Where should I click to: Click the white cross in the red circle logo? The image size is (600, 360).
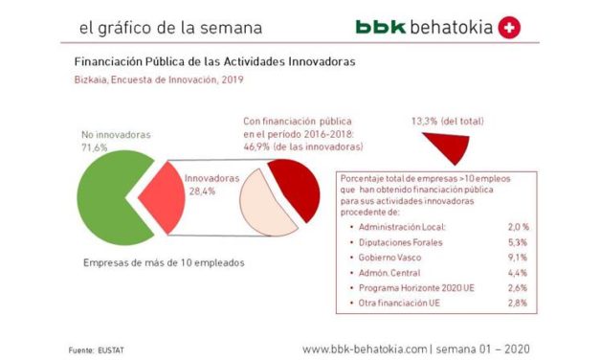pos(509,28)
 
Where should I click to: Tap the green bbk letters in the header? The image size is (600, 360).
pos(379,28)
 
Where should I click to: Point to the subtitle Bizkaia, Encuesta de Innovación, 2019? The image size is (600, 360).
pos(158,80)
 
